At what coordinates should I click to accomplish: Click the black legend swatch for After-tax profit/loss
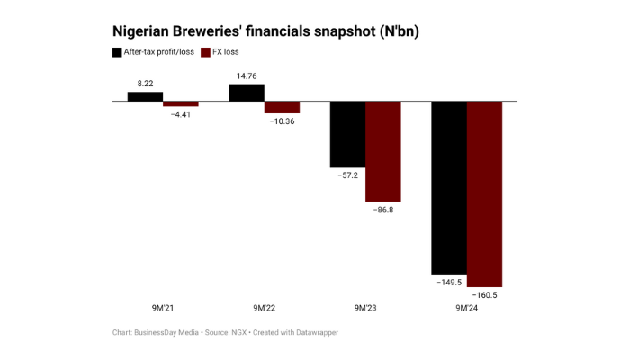[118, 52]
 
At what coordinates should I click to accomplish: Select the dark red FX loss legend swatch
[205, 52]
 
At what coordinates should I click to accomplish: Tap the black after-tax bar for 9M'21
[145, 96]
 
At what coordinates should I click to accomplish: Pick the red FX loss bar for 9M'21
[180, 104]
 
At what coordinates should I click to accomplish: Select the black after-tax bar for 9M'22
[246, 93]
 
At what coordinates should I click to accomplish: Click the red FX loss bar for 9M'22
[282, 108]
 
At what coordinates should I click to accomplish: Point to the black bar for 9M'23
[347, 134]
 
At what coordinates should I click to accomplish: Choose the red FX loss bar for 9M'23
[382, 151]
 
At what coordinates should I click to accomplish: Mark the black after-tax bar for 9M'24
[449, 187]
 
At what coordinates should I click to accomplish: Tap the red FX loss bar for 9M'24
[484, 193]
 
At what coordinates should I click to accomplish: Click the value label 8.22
[145, 84]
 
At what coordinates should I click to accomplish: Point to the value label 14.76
[246, 76]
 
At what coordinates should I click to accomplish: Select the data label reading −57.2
[347, 175]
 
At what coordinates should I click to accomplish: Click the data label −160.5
[484, 295]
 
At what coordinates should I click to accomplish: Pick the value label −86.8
[382, 210]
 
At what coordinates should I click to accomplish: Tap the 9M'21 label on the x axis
[163, 308]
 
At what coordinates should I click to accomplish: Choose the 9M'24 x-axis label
[467, 308]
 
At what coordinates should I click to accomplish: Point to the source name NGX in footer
[238, 332]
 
